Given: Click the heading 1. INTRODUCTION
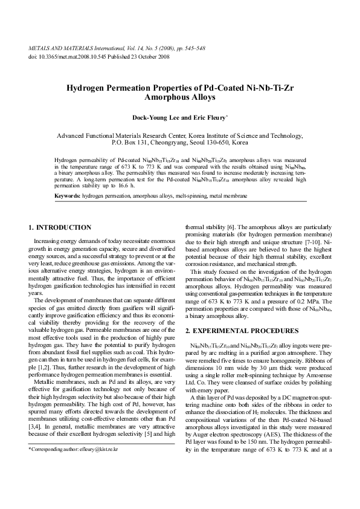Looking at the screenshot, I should tap(60, 227).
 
